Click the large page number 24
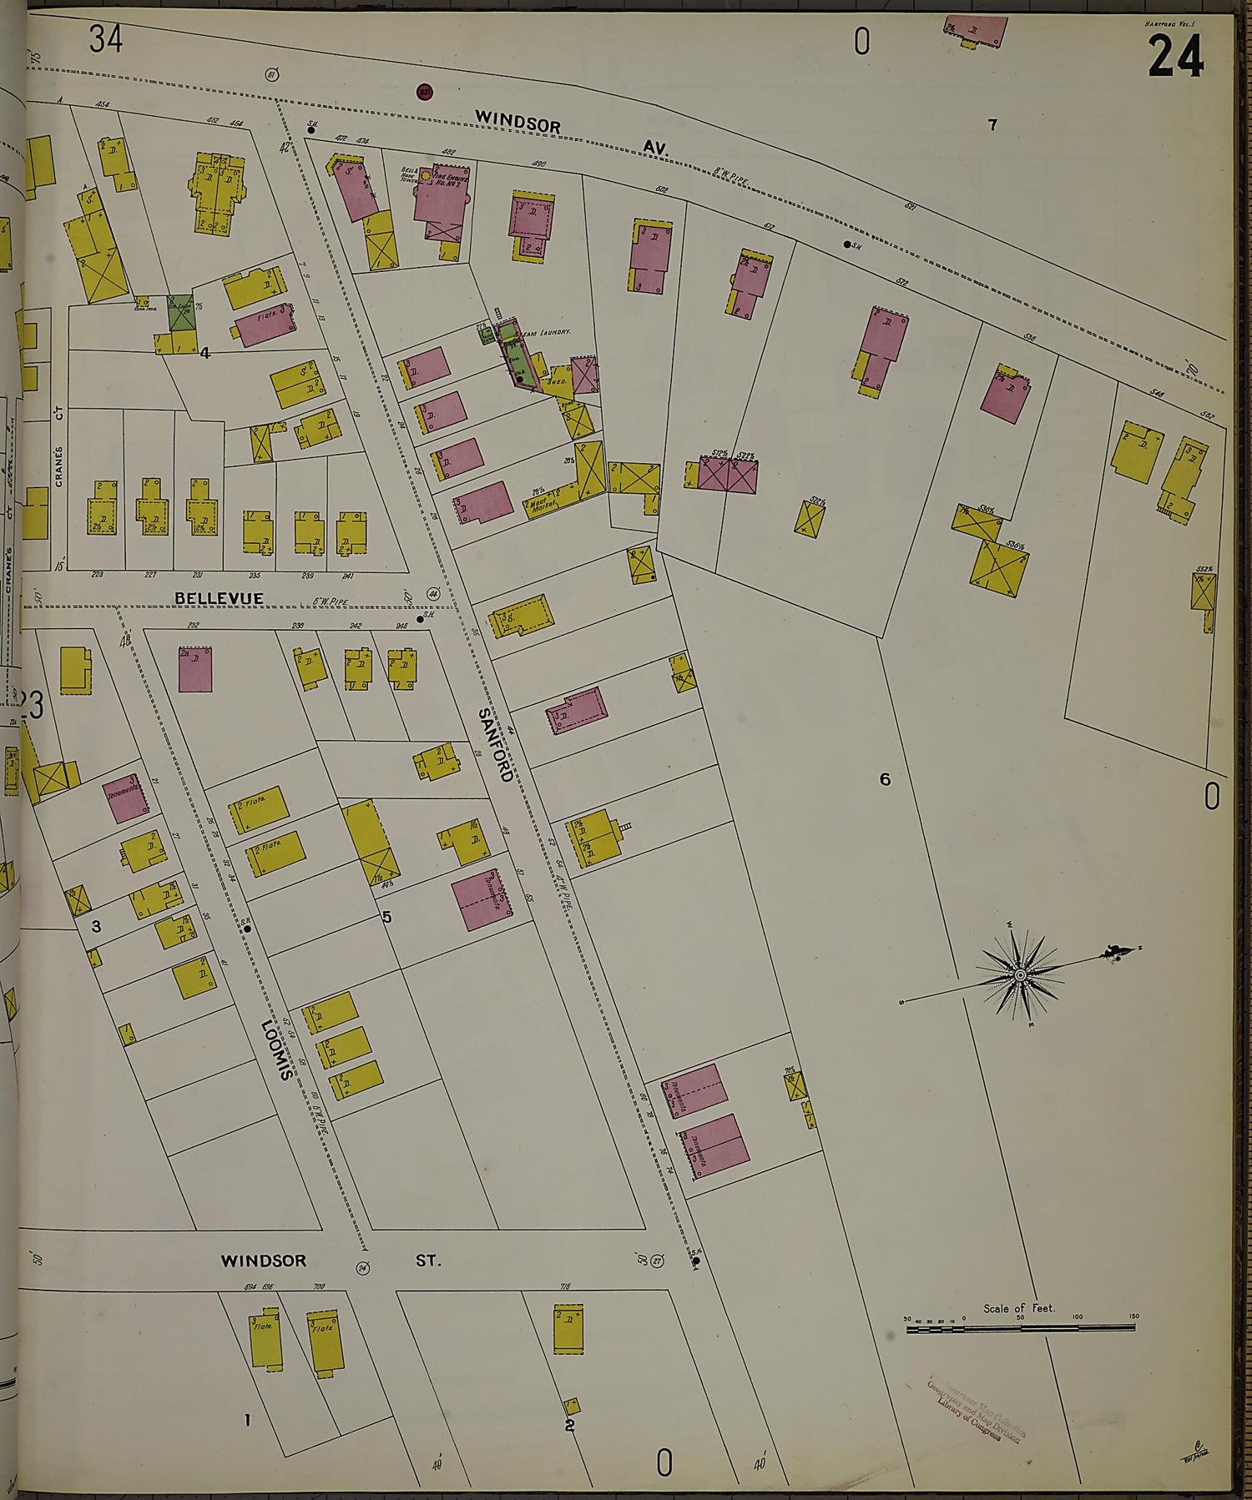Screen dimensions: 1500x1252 tap(1175, 58)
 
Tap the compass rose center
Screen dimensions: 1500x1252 tap(1020, 974)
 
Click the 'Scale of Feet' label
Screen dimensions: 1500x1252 tap(1018, 1308)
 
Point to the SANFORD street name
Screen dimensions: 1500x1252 tap(495, 744)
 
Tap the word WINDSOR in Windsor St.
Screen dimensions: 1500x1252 tap(264, 1261)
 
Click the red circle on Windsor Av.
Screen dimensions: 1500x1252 tap(425, 91)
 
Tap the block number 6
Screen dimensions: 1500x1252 tap(885, 779)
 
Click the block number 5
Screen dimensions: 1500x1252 tap(386, 918)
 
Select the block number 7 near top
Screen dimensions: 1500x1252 tap(992, 125)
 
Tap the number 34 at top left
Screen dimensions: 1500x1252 tap(106, 39)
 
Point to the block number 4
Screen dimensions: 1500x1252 tap(204, 353)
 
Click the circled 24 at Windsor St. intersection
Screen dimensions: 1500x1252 tap(362, 1269)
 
